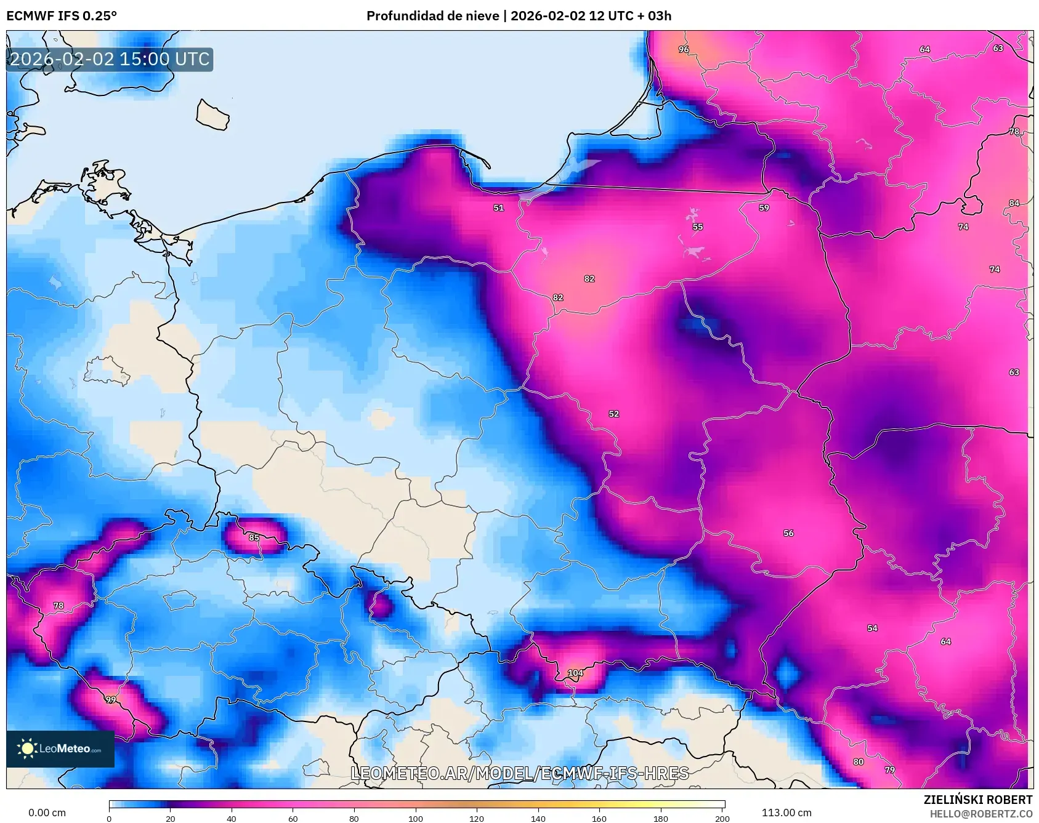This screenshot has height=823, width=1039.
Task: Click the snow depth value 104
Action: click(575, 673)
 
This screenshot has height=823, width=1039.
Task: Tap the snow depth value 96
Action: click(684, 49)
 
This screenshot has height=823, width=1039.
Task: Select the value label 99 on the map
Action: click(111, 700)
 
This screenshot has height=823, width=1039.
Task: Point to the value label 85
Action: click(254, 537)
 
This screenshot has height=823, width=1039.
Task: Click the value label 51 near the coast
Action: click(499, 208)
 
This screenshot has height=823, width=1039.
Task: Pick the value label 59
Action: click(764, 208)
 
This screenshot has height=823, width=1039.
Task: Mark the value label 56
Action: click(789, 533)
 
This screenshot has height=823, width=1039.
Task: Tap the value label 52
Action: click(614, 414)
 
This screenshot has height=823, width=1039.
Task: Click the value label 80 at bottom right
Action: click(859, 762)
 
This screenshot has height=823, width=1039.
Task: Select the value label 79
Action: click(890, 770)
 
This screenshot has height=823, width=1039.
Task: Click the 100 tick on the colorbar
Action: click(416, 818)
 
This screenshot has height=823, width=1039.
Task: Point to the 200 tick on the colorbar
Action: click(722, 818)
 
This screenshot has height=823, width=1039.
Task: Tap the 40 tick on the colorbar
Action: click(232, 818)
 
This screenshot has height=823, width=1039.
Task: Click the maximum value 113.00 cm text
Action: click(786, 813)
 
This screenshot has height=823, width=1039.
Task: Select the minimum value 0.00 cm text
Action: click(47, 813)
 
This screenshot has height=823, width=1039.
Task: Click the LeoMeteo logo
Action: click(60, 749)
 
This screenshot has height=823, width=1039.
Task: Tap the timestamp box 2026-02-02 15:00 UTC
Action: click(110, 59)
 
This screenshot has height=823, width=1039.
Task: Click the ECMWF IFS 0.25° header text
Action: click(62, 16)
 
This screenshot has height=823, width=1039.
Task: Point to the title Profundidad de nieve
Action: click(432, 16)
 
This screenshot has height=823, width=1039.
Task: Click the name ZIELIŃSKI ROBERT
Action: click(977, 800)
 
